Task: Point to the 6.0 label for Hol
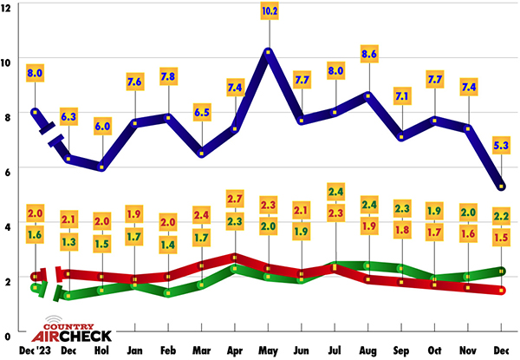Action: tap(102, 125)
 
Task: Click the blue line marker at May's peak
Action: tap(269, 52)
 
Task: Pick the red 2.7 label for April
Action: tap(234, 200)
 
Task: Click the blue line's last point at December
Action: tap(501, 186)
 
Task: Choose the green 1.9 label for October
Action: tap(435, 212)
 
